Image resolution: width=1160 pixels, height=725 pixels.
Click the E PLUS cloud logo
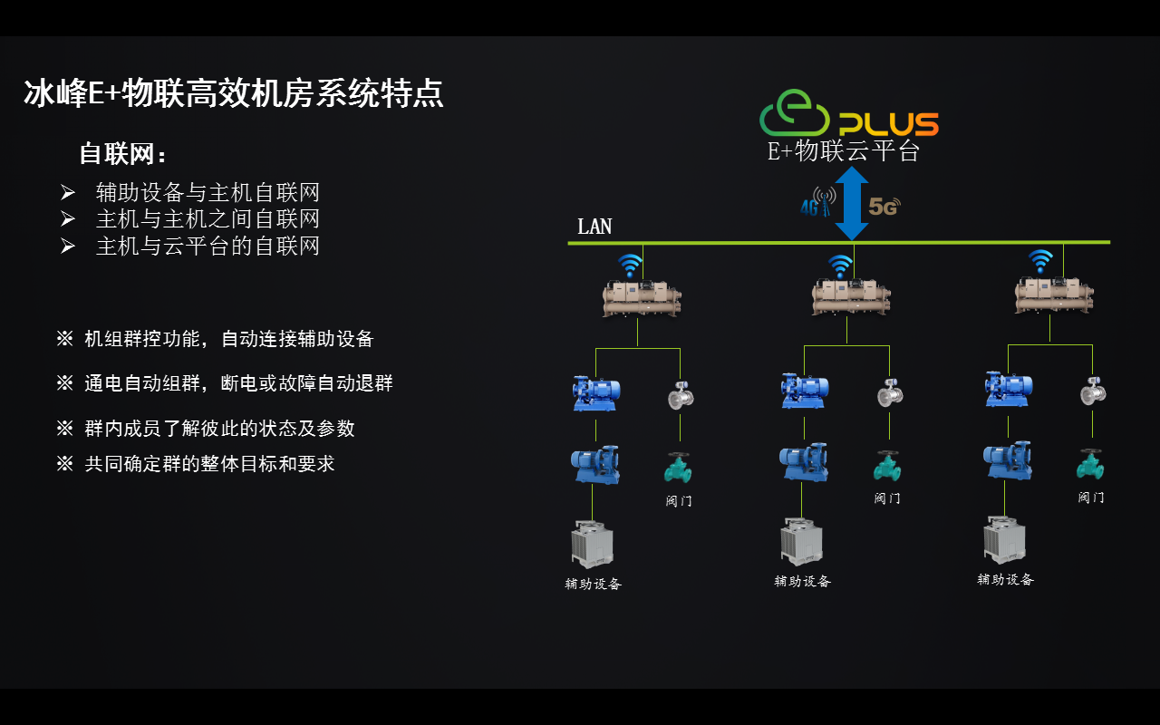[x=847, y=115]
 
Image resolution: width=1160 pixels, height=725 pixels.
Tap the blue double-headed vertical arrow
[x=852, y=203]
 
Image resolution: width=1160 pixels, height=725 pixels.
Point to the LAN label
[x=594, y=227]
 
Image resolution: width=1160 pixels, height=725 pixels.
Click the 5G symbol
[x=884, y=207]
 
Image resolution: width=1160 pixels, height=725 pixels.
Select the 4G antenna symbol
[x=819, y=202]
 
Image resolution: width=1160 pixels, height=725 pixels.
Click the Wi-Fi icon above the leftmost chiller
[x=630, y=265]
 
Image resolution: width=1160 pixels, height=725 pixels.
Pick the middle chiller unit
[x=850, y=296]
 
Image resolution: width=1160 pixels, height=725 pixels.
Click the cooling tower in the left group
[x=592, y=544]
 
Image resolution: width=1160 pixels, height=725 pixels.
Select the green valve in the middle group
[x=886, y=466]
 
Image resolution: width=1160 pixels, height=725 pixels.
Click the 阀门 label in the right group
[x=1091, y=498]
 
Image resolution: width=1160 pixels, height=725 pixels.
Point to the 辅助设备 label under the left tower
[x=594, y=584]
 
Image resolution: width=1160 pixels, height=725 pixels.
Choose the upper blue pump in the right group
[x=1009, y=389]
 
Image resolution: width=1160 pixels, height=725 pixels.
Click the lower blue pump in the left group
[x=595, y=464]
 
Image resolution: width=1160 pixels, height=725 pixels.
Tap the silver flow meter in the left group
[x=681, y=395]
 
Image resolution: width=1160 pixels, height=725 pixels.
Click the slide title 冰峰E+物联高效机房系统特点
[x=234, y=93]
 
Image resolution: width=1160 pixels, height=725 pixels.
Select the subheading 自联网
[x=123, y=153]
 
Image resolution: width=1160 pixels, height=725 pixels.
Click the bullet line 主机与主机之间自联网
[x=208, y=219]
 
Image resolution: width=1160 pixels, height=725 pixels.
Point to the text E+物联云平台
[x=844, y=151]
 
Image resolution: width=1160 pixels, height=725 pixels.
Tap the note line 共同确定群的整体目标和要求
[x=209, y=464]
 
